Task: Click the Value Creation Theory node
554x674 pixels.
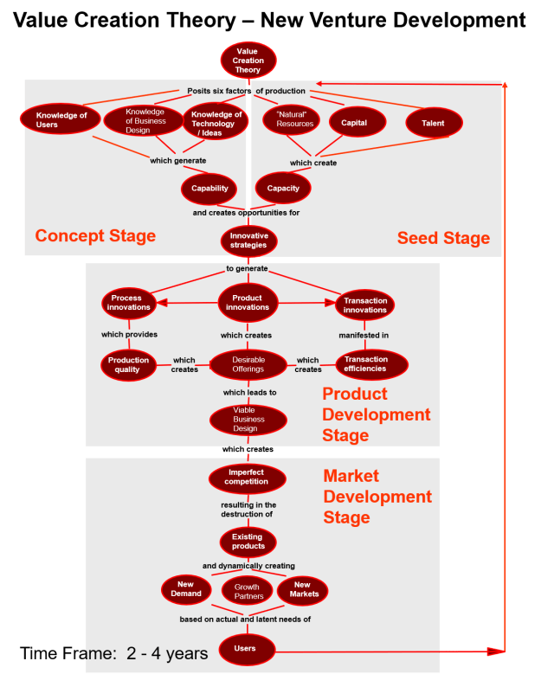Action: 248,61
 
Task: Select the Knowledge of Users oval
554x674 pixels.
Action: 61,120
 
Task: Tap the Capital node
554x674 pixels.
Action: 354,123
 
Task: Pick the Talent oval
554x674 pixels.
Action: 433,123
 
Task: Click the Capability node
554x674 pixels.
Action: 209,188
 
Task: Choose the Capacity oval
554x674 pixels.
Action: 283,188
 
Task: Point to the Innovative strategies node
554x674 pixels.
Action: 248,241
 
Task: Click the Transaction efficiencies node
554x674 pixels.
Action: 366,364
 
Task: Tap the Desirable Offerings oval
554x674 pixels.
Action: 248,365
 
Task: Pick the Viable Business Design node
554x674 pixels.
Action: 248,420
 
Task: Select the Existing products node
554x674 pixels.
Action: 248,542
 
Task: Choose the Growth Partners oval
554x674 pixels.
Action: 248,592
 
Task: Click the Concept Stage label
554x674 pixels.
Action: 95,235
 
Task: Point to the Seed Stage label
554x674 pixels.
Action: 443,238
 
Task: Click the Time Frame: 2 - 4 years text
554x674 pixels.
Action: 113,653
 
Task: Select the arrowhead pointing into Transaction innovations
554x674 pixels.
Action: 330,303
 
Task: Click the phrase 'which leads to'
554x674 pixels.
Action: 249,393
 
